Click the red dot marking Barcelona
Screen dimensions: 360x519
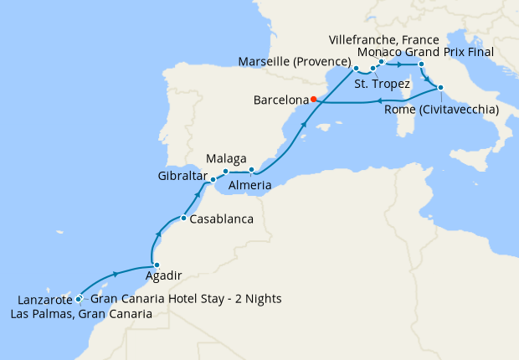(x=313, y=99)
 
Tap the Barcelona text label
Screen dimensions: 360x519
(x=280, y=100)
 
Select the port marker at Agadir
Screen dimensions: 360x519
(x=157, y=266)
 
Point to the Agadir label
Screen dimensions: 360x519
(x=162, y=274)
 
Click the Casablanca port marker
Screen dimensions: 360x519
(x=183, y=219)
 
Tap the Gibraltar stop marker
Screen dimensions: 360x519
(x=213, y=179)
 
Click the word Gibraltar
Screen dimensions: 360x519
(x=182, y=177)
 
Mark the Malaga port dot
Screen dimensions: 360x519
(x=226, y=172)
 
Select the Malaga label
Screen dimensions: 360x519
(x=226, y=158)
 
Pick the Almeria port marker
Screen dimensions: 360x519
(x=252, y=170)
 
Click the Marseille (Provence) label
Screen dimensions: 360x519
(x=293, y=62)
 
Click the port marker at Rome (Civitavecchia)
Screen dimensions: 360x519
(x=439, y=87)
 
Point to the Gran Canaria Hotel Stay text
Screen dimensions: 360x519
(x=185, y=299)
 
